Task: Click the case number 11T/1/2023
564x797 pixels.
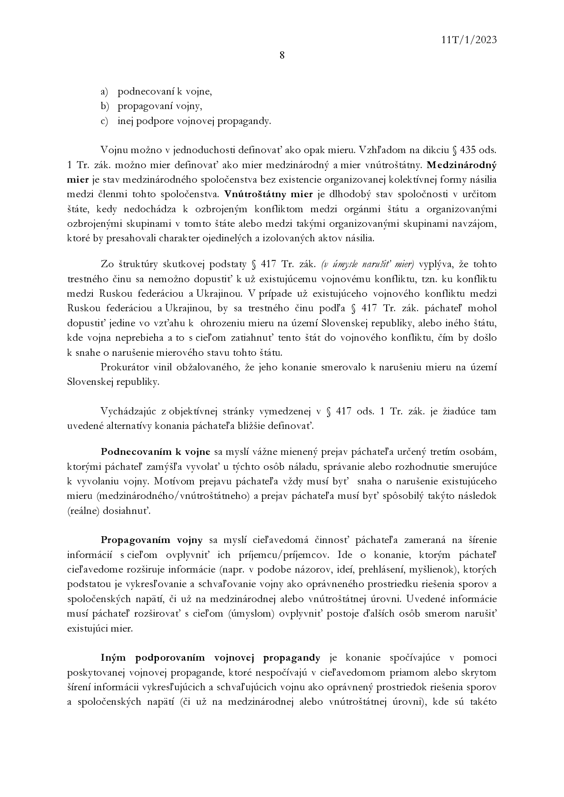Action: point(469,40)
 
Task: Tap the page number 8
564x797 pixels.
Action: point(282,55)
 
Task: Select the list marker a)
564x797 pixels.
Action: point(104,92)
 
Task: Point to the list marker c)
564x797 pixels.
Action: point(104,121)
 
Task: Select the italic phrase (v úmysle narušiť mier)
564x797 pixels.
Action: point(368,264)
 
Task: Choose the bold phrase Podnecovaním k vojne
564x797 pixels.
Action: point(156,452)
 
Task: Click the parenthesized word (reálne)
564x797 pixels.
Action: point(84,511)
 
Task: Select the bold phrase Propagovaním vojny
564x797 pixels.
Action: point(151,540)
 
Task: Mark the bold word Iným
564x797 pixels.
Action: point(115,658)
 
